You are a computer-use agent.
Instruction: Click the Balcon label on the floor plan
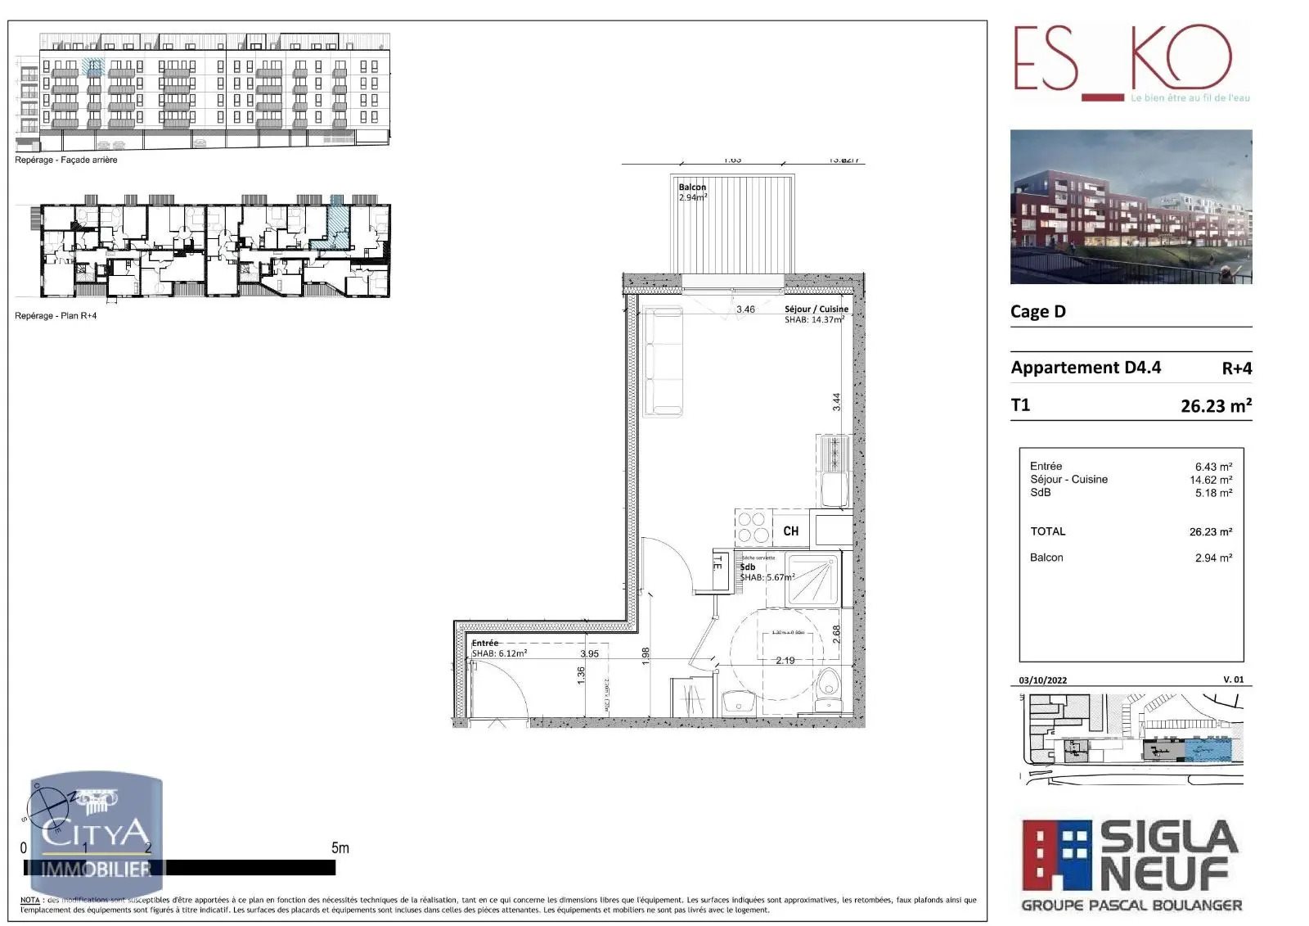692,187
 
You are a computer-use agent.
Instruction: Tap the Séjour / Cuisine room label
816,309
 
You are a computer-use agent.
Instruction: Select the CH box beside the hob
790,531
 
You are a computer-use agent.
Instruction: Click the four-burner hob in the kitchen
753,527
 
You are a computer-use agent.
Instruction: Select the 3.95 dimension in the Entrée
589,653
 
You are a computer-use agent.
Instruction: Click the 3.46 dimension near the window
745,309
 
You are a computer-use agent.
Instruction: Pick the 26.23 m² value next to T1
1216,406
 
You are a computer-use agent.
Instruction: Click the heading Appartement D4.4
1085,368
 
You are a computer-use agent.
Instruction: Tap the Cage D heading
1037,312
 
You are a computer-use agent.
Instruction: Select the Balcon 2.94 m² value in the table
1213,558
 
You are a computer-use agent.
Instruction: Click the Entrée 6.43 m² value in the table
1213,467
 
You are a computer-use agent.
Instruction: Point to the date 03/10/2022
1042,680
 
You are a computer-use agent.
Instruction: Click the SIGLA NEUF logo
1131,865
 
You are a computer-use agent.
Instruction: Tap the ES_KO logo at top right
1122,64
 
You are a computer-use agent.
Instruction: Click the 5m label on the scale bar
340,848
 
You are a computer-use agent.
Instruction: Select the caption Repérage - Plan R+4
56,316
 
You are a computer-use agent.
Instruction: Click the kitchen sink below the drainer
834,490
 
